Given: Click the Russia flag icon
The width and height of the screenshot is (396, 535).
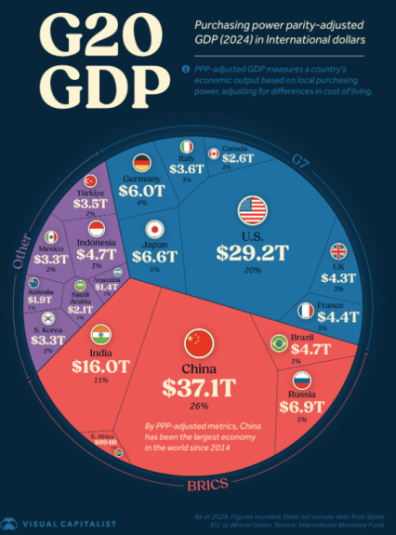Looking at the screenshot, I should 301,380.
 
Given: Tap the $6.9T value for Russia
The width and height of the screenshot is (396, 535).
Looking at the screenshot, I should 301,407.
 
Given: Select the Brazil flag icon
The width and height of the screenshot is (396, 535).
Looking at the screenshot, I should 277,344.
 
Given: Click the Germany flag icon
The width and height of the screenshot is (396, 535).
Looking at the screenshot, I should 142,161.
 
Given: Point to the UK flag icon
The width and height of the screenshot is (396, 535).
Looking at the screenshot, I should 337,252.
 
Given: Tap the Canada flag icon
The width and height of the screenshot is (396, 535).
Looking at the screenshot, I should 213,153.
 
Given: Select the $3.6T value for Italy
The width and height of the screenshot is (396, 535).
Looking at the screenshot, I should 187,168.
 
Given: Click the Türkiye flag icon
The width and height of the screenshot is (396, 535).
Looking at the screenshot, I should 91,181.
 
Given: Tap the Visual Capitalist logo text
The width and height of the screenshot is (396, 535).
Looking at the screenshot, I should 69,523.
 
